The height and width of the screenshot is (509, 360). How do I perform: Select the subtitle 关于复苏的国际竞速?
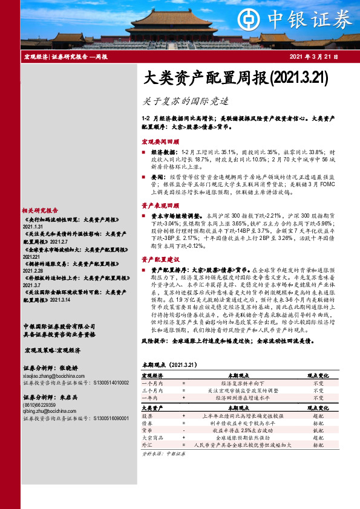click(178, 101)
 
